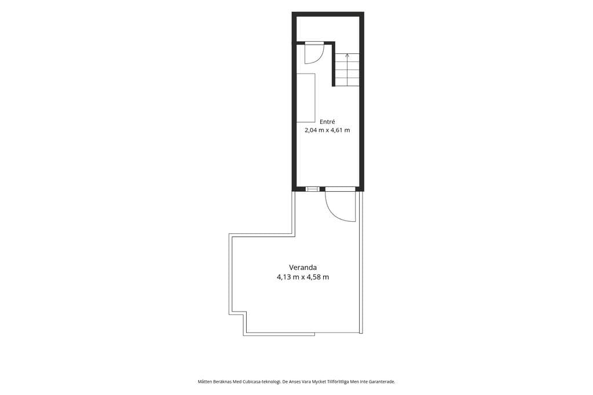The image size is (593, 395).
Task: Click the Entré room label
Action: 328,122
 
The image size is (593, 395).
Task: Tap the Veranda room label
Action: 303,268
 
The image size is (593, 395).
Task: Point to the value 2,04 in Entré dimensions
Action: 311,130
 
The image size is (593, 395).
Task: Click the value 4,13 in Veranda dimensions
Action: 284,277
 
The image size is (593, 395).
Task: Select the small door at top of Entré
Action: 314,53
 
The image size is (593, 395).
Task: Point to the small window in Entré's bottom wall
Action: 312,189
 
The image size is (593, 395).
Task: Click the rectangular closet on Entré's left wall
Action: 306,98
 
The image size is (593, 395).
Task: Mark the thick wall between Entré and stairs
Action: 334,64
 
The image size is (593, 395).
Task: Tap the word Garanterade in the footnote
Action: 383,382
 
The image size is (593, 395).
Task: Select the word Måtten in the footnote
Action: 204,382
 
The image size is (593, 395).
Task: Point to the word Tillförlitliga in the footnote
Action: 338,382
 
